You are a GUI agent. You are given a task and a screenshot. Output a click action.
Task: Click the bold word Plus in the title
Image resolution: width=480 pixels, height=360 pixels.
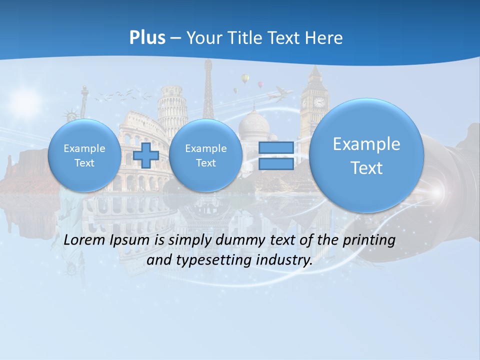pos(147,38)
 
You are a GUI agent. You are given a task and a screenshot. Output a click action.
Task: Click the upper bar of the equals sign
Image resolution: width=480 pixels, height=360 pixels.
pos(276,147)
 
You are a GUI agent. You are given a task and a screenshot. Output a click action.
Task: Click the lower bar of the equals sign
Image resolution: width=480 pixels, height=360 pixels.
pos(276,164)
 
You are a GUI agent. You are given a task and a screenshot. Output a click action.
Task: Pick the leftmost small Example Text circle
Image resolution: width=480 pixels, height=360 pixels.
pos(84,155)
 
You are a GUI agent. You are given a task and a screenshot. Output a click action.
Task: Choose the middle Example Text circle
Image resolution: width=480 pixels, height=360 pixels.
pos(205,155)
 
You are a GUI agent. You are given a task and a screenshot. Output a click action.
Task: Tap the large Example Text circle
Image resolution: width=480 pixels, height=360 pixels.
pos(366,155)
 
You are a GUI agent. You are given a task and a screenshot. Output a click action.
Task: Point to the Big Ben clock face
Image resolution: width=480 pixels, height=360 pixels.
pos(319,102)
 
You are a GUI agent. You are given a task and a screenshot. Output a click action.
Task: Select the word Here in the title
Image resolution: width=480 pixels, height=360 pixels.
pos(325,38)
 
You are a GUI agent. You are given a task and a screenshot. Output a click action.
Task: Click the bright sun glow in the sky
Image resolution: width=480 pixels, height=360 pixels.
pos(25,100)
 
